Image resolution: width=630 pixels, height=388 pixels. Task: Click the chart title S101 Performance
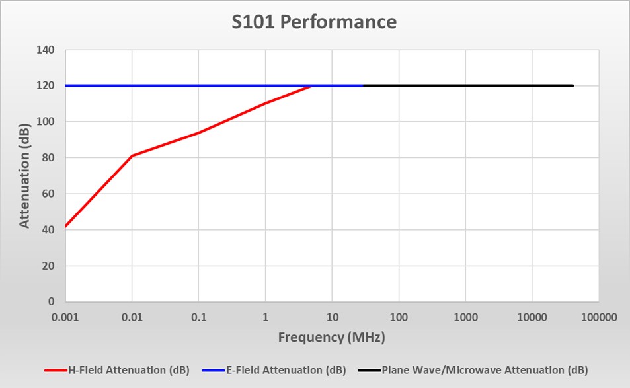click(314, 22)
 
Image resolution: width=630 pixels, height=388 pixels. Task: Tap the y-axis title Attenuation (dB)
click(24, 175)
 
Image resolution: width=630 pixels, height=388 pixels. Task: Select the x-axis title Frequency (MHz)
click(331, 337)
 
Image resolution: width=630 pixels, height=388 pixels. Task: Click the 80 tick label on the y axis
click(49, 158)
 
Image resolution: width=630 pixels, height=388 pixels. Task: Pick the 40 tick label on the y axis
click(49, 230)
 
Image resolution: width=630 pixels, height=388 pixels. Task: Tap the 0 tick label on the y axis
click(52, 302)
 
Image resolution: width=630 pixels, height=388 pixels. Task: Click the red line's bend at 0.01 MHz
click(132, 155)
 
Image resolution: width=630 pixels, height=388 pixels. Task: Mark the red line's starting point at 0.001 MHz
click(65, 226)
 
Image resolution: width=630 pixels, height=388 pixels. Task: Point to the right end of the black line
click(572, 85)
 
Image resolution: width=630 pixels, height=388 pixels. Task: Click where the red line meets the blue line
click(313, 85)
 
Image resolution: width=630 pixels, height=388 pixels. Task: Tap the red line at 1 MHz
click(265, 103)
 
